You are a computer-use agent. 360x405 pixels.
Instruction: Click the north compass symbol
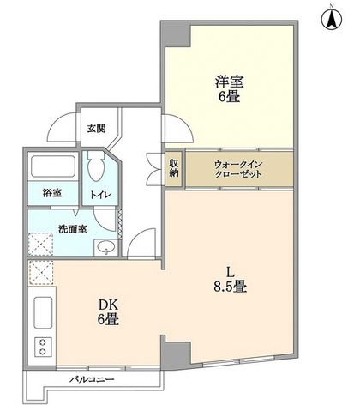click(x=332, y=19)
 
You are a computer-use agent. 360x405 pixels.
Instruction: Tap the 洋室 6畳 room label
click(x=229, y=89)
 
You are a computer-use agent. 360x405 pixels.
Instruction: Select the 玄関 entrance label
click(x=96, y=129)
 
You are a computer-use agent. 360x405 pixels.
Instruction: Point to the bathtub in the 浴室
click(x=53, y=166)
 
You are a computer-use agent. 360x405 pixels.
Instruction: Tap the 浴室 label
click(x=52, y=193)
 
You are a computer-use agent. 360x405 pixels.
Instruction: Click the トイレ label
click(x=100, y=195)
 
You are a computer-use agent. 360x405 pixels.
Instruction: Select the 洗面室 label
click(x=73, y=229)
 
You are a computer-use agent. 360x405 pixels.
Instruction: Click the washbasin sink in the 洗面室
click(x=105, y=246)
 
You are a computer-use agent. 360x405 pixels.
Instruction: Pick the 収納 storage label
click(x=174, y=168)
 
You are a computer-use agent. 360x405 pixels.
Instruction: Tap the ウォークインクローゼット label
click(x=238, y=169)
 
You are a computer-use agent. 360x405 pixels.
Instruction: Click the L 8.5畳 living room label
click(x=231, y=279)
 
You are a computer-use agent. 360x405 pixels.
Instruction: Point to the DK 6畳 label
click(x=108, y=312)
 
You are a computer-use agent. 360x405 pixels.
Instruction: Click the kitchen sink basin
click(x=43, y=312)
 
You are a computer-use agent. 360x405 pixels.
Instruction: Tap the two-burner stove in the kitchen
click(x=43, y=347)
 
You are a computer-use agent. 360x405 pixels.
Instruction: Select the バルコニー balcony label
click(x=92, y=380)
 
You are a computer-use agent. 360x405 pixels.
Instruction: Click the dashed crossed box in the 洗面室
click(x=40, y=244)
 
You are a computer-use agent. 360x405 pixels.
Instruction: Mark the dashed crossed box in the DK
click(x=41, y=272)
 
